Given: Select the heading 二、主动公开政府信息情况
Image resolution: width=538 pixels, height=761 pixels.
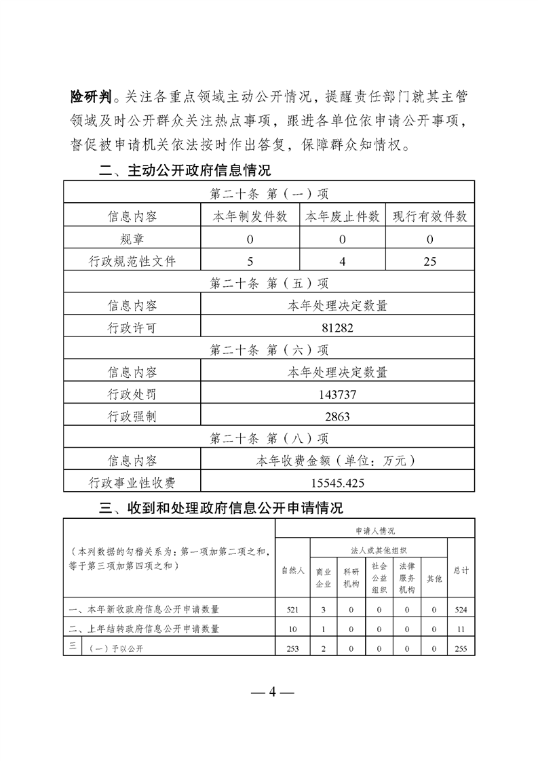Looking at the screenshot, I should (185, 170).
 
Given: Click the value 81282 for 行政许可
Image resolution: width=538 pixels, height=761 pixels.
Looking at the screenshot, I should (337, 328).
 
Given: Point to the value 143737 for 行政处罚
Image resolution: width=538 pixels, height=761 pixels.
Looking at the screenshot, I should (337, 394).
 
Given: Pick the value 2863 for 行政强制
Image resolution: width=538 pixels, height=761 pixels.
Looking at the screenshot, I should (337, 416).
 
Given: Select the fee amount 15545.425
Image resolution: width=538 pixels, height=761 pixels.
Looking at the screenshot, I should (337, 482).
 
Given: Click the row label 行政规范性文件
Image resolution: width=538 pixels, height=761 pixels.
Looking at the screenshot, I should (132, 261).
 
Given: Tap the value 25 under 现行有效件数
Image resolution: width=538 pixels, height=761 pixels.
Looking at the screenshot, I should (429, 261).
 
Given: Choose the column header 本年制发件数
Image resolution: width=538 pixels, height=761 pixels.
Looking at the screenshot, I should (250, 217).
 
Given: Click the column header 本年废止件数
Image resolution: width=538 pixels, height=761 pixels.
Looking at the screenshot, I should (343, 217).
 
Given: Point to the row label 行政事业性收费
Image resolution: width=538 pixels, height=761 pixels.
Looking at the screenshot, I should (132, 482).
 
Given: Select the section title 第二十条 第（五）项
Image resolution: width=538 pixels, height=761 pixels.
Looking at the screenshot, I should (269, 284).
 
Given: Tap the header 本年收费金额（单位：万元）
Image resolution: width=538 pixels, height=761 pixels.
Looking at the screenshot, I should (337, 461).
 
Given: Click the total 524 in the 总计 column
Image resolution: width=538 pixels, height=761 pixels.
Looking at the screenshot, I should (461, 610).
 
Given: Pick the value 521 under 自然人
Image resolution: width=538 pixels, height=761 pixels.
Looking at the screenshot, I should (293, 610).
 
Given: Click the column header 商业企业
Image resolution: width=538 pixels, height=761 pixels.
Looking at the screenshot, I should (324, 577).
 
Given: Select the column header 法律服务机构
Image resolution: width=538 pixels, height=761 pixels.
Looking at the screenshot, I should (406, 577).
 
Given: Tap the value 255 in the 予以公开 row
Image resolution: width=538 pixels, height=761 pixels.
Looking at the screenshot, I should (461, 649).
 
